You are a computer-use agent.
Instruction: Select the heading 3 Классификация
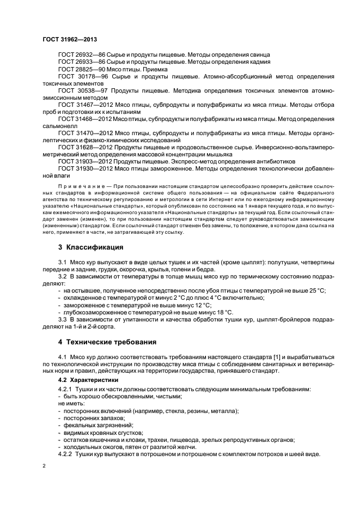coord(87,246)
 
